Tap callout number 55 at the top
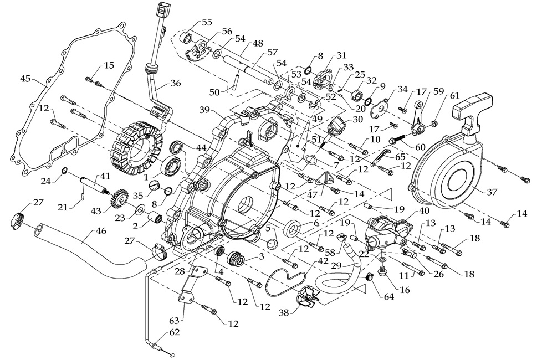coord(207,23)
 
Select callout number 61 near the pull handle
coord(456,96)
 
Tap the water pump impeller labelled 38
coord(309,300)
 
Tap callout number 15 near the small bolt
coord(109,66)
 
